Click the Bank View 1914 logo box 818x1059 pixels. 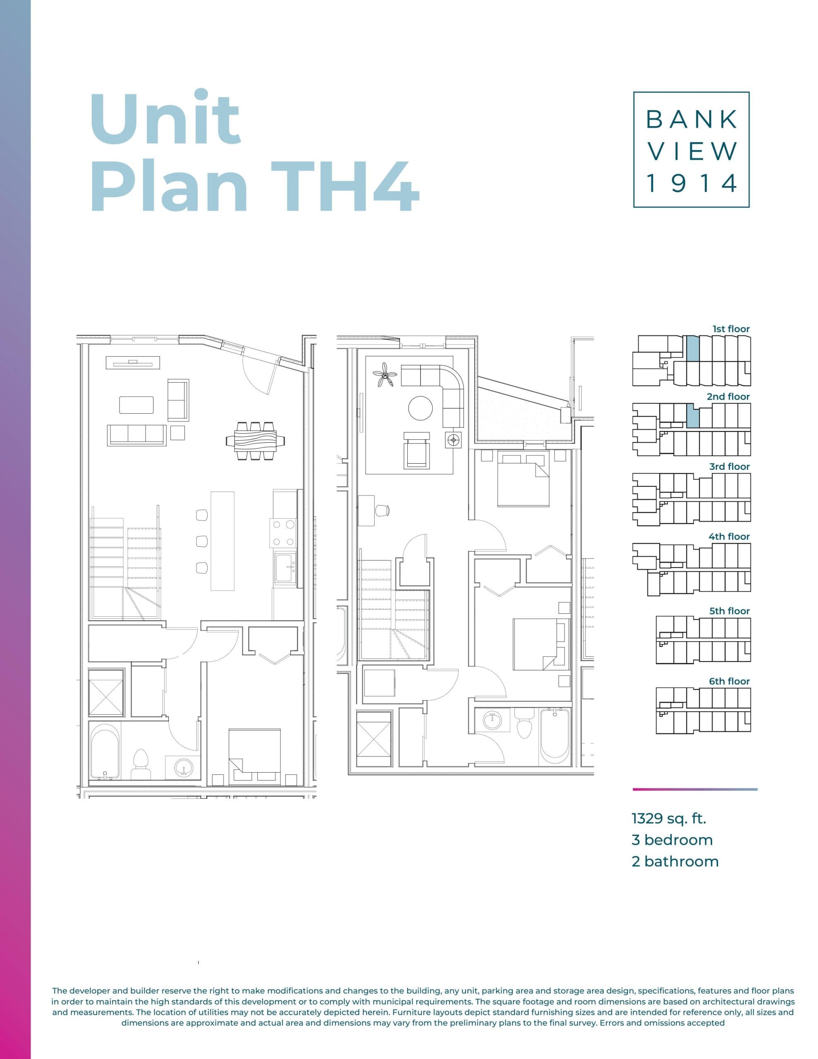691,149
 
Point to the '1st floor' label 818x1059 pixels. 731,329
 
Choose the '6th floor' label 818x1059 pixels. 729,681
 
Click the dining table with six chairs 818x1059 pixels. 256,441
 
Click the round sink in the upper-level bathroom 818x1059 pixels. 492,719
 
